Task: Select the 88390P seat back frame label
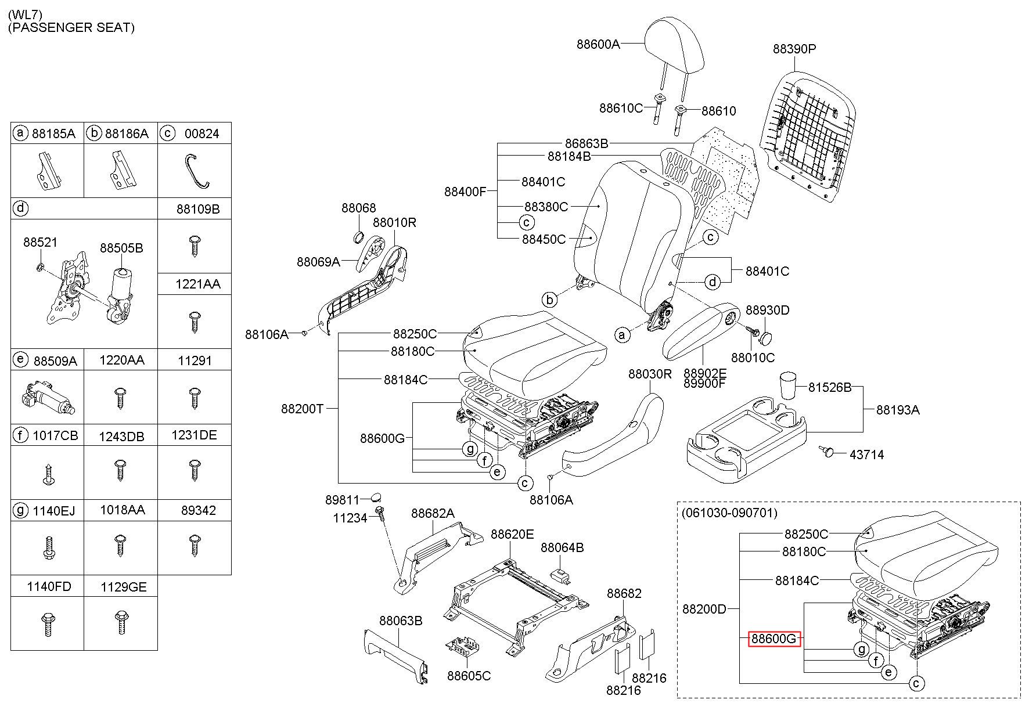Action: coord(794,49)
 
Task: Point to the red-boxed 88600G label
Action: coord(774,639)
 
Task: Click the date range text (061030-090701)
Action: coord(729,513)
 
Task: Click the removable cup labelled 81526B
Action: coord(787,385)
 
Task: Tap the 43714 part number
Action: coord(866,455)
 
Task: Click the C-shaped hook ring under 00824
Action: coord(196,172)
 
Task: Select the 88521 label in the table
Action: coord(41,242)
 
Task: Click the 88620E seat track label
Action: coord(512,534)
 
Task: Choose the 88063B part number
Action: coord(401,621)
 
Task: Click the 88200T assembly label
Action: coord(302,409)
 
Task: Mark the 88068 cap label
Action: coord(359,208)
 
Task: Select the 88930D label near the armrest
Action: coord(768,311)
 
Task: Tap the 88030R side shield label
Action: coord(650,374)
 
